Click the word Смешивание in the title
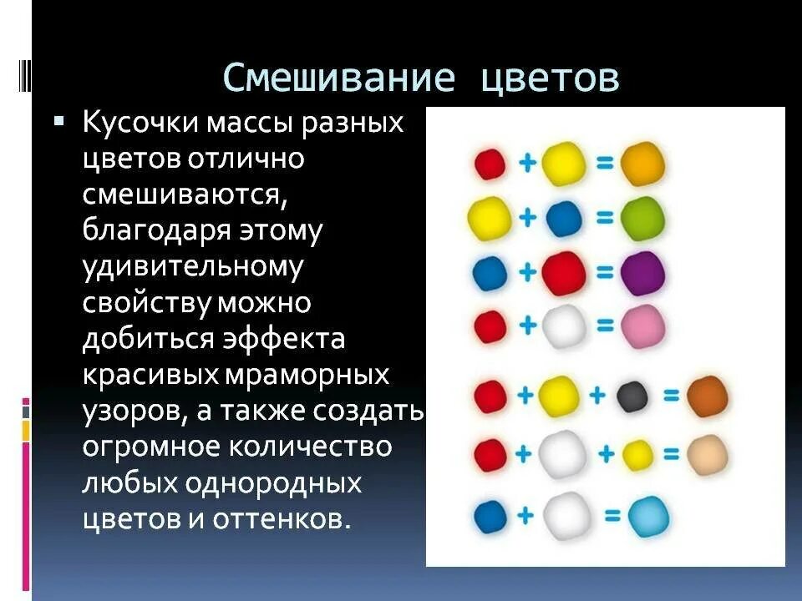pyautogui.click(x=338, y=78)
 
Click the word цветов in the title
pyautogui.click(x=551, y=78)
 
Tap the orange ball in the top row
pyautogui.click(x=643, y=164)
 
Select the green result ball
pyautogui.click(x=643, y=218)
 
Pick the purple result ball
pyautogui.click(x=643, y=273)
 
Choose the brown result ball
pyautogui.click(x=707, y=397)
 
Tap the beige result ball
pyautogui.click(x=707, y=454)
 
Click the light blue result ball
pyautogui.click(x=648, y=516)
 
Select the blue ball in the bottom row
pyautogui.click(x=490, y=516)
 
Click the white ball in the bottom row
pyautogui.click(x=566, y=516)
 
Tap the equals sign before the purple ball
pyautogui.click(x=605, y=272)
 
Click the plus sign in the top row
pyautogui.click(x=527, y=163)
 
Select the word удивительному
pyautogui.click(x=191, y=267)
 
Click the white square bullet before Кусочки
pyautogui.click(x=58, y=122)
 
